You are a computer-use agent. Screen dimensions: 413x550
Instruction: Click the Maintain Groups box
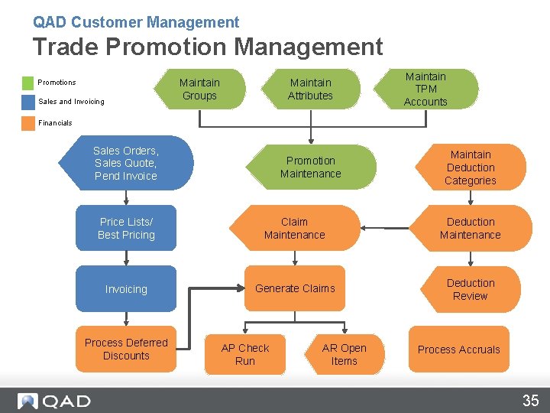pyautogui.click(x=199, y=89)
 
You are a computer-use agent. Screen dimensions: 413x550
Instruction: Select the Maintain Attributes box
pyautogui.click(x=310, y=89)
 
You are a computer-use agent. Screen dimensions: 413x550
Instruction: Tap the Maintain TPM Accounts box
pyautogui.click(x=425, y=89)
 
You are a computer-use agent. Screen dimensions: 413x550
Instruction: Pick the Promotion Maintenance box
pyautogui.click(x=310, y=167)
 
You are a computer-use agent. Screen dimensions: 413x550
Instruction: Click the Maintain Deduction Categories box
pyautogui.click(x=471, y=167)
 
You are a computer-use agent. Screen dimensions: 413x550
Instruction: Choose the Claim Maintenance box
pyautogui.click(x=294, y=228)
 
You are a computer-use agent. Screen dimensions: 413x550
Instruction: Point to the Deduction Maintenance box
pyautogui.click(x=471, y=228)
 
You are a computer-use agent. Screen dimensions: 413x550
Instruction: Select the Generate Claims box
pyautogui.click(x=295, y=288)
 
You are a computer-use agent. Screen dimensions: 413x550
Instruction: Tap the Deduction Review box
pyautogui.click(x=471, y=289)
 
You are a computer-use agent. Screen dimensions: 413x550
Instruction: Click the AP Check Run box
pyautogui.click(x=245, y=354)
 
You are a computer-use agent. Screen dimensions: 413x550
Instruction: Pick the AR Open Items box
pyautogui.click(x=344, y=354)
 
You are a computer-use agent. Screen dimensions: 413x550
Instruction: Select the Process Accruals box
pyautogui.click(x=458, y=350)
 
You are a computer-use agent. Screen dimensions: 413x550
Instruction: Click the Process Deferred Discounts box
pyautogui.click(x=126, y=350)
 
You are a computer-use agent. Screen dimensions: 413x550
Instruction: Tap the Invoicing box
pyautogui.click(x=126, y=289)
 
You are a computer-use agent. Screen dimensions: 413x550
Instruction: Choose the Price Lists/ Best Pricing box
pyautogui.click(x=126, y=228)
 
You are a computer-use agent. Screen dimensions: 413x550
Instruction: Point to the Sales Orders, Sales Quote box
pyautogui.click(x=126, y=163)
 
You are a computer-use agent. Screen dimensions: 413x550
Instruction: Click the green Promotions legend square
pyautogui.click(x=28, y=83)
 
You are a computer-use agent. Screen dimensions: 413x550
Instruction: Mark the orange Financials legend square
pyautogui.click(x=28, y=122)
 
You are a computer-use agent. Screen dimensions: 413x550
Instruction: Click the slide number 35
pyautogui.click(x=530, y=400)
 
